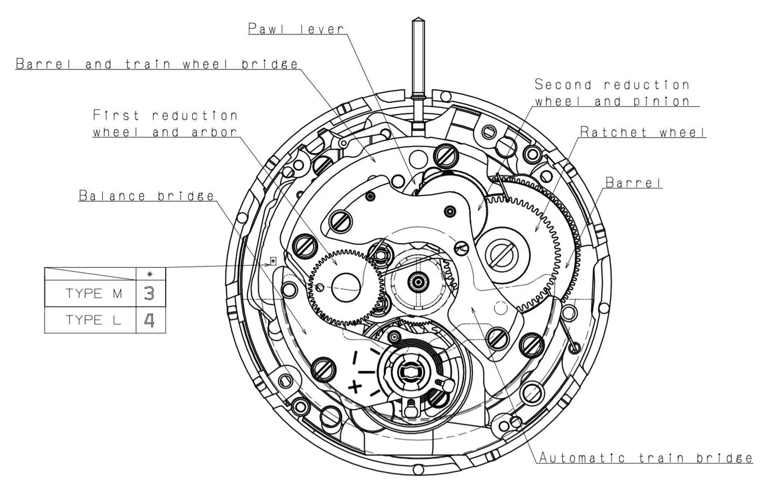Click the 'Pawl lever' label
(x=296, y=29)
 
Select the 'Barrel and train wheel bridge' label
(x=157, y=64)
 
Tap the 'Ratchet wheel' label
(x=643, y=132)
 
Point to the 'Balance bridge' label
(x=147, y=195)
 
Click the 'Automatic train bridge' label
(x=646, y=458)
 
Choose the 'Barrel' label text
(x=634, y=183)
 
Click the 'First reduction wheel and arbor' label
(x=165, y=123)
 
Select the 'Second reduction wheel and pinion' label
(x=613, y=93)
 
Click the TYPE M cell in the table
(x=93, y=293)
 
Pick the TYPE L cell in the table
(x=93, y=320)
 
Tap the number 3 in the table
(x=149, y=293)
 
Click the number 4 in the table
(x=149, y=320)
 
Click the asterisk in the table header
(x=150, y=274)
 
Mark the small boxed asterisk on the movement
(x=273, y=261)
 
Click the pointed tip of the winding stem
(x=417, y=21)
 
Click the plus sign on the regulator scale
(x=355, y=387)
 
